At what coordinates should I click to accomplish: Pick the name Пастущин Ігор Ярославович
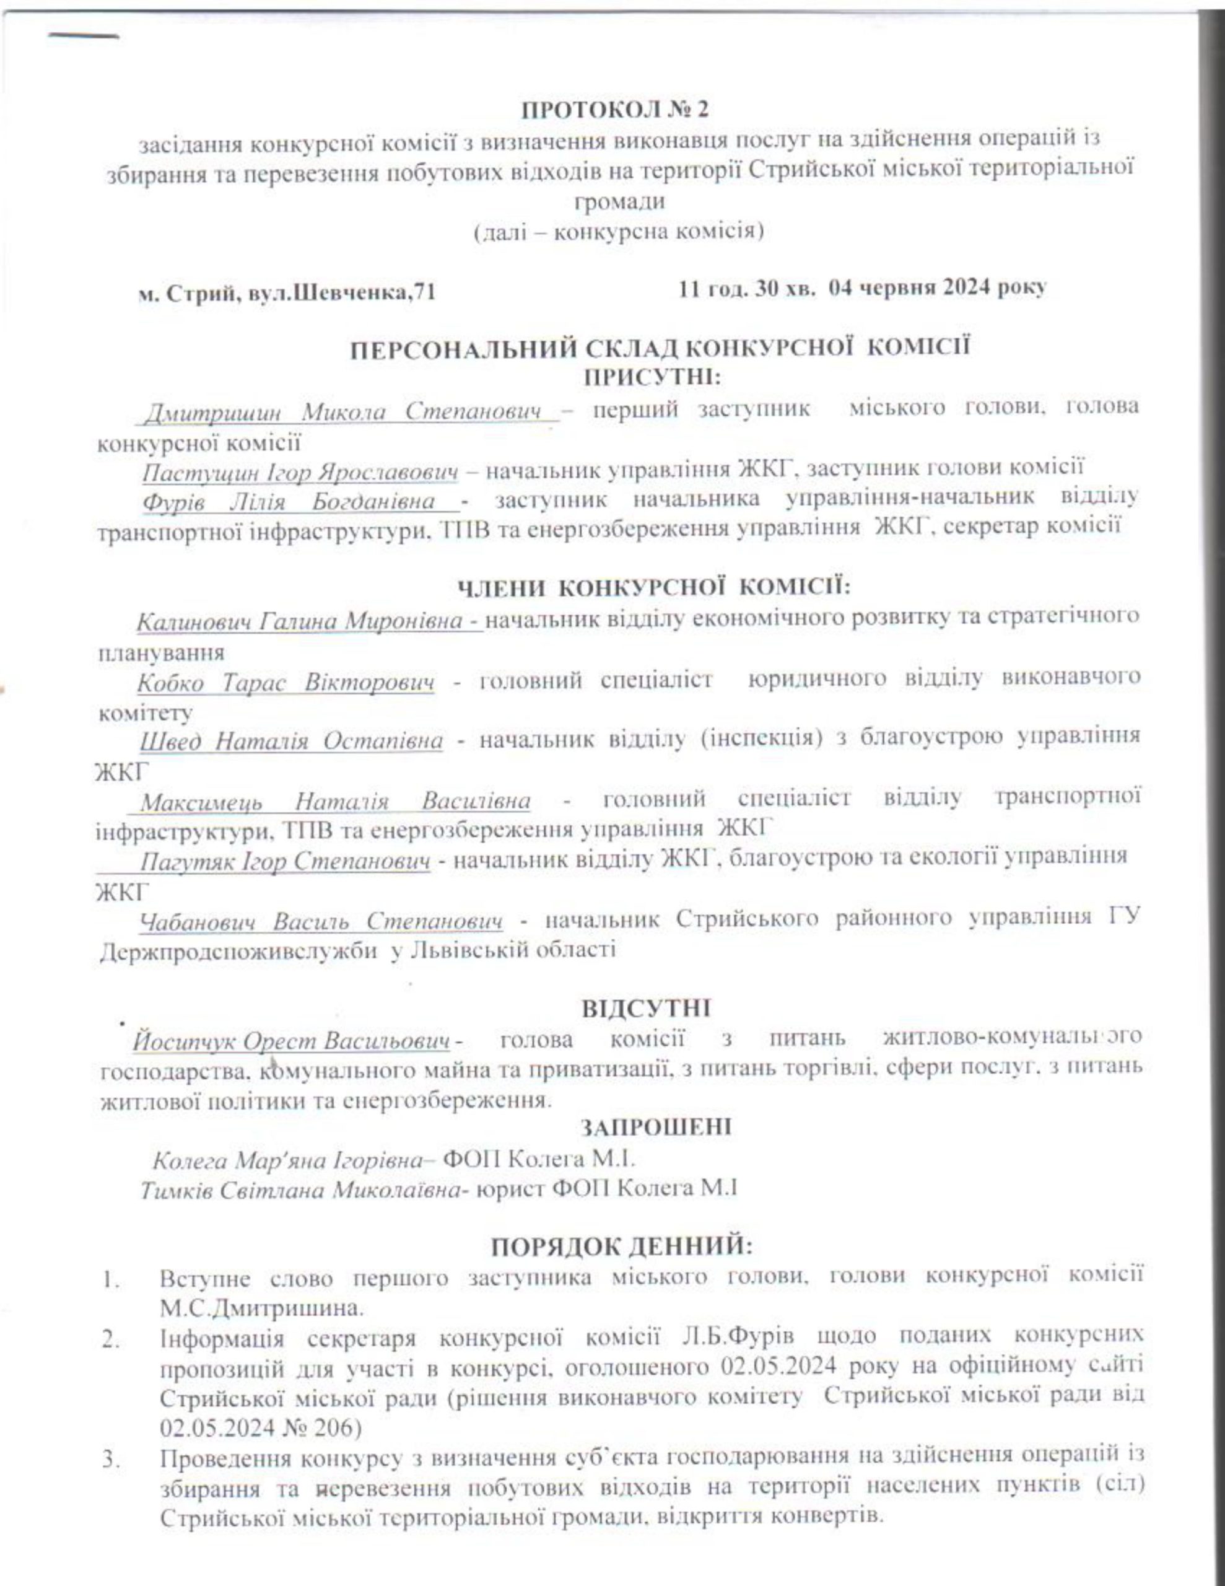[x=300, y=472]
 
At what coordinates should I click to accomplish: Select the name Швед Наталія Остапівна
[x=291, y=742]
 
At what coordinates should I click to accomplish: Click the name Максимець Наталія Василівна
[x=335, y=802]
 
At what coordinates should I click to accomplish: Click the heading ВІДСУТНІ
[x=645, y=1008]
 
